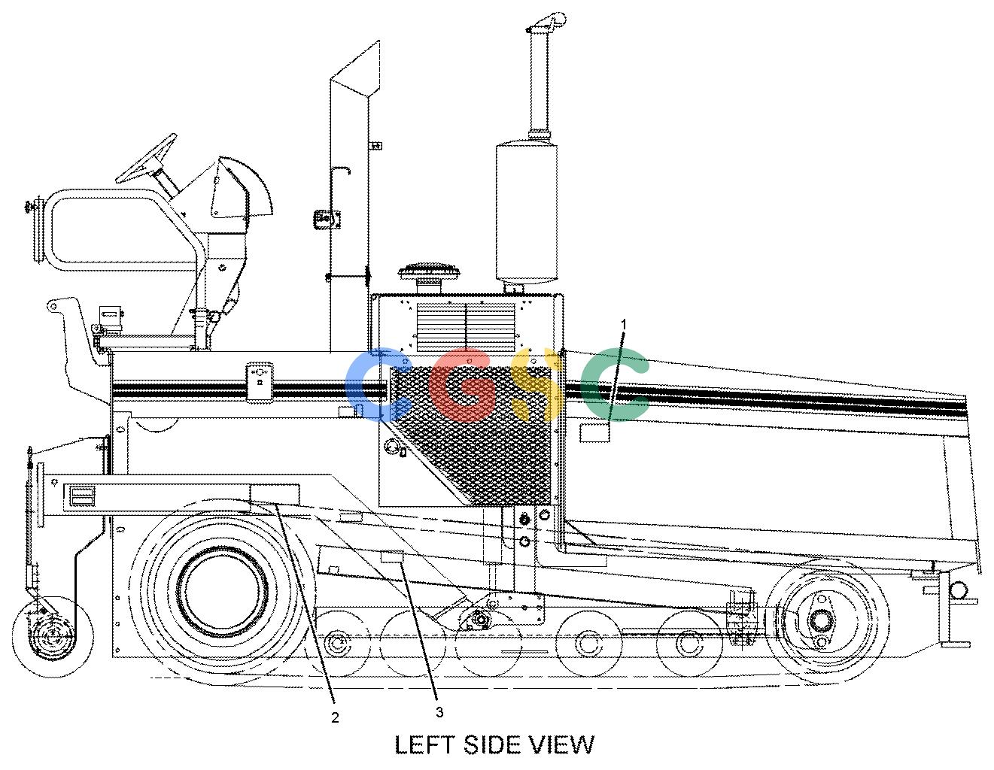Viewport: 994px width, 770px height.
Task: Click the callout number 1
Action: [x=624, y=324]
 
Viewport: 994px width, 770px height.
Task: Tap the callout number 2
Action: [x=336, y=717]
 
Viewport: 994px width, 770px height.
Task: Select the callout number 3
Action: [x=439, y=711]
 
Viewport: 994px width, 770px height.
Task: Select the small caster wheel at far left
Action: [x=52, y=637]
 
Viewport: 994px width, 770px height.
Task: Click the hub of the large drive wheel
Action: [x=222, y=592]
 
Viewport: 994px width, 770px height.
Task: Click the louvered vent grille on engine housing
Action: [x=466, y=327]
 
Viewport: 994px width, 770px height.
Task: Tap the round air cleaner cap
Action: [x=429, y=271]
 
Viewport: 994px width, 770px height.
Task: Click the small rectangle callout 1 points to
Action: [x=594, y=432]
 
